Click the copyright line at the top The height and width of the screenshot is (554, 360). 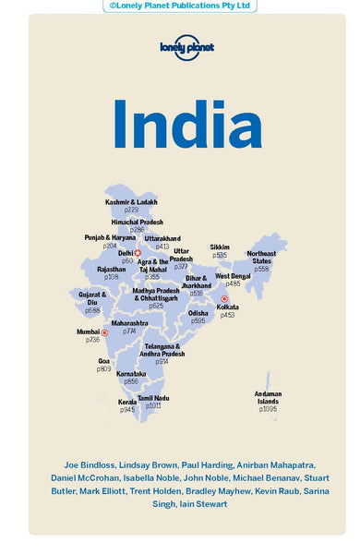tap(180, 6)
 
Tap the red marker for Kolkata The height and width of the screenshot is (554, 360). tap(224, 298)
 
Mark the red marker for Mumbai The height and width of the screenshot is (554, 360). tap(103, 331)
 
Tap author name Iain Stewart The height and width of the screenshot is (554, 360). tap(196, 504)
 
